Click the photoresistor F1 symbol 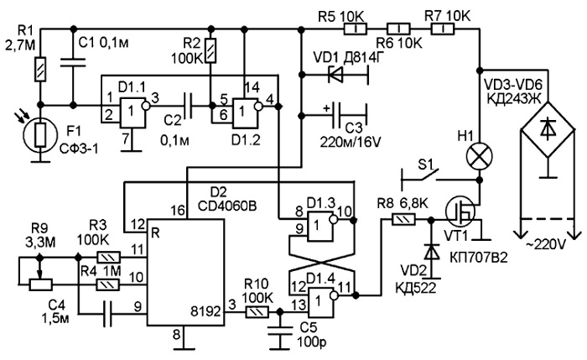click(40, 135)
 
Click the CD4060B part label click(227, 206)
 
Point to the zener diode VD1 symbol click(335, 74)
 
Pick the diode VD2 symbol click(433, 252)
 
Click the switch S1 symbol click(419, 176)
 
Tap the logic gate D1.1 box click(132, 112)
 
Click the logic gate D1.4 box click(320, 303)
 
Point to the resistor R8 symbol click(403, 219)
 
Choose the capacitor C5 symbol click(279, 331)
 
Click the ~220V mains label click(547, 245)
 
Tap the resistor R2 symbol click(211, 50)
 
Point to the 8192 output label click(205, 311)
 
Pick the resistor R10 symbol click(257, 312)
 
